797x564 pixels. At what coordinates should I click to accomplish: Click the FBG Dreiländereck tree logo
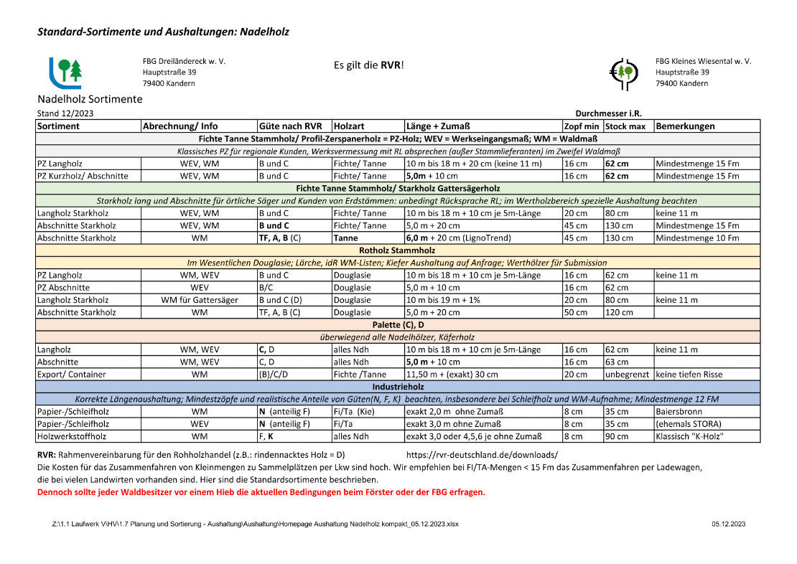click(65, 72)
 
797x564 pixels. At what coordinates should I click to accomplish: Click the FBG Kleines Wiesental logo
click(623, 72)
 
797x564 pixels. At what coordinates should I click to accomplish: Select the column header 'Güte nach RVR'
click(291, 126)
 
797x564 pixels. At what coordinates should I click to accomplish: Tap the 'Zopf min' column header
click(581, 126)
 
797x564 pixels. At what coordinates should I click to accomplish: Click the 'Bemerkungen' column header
click(685, 126)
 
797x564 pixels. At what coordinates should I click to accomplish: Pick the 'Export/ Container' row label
click(71, 375)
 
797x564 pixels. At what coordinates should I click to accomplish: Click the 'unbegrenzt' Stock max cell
click(627, 375)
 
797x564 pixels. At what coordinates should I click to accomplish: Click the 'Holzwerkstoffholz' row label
click(71, 436)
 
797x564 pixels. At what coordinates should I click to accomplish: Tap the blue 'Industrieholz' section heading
click(397, 387)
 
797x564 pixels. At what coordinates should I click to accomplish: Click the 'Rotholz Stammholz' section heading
click(397, 250)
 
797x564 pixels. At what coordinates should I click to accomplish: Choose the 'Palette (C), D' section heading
click(397, 325)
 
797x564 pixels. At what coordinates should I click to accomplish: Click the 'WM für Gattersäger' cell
click(200, 300)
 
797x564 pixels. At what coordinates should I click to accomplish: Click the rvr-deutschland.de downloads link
click(482, 456)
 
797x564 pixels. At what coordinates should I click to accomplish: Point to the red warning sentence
click(261, 492)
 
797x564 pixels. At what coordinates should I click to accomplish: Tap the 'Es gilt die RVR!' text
click(369, 65)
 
